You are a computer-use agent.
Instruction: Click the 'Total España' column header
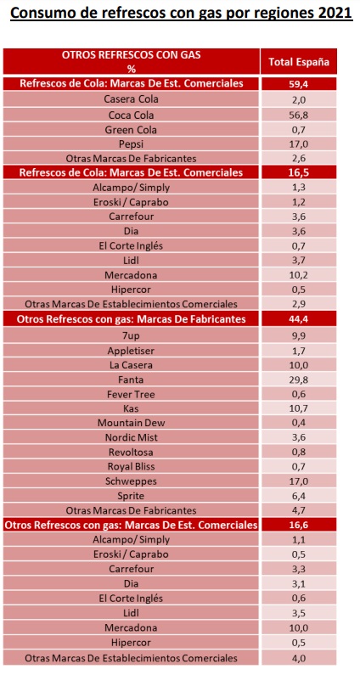pos(299,62)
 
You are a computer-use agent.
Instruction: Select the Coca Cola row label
pos(132,115)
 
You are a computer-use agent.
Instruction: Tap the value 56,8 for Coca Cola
pos(299,115)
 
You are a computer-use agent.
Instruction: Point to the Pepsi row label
pos(132,143)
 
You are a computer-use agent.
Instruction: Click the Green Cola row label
pos(132,130)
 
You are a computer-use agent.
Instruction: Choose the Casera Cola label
pos(132,99)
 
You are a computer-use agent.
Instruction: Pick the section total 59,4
pos(299,83)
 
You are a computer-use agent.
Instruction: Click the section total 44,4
pos(299,319)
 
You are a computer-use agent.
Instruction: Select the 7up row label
pos(132,335)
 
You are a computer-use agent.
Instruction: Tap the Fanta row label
pos(132,380)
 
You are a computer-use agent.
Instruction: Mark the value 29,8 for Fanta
pos(299,380)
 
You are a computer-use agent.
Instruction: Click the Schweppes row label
pos(132,481)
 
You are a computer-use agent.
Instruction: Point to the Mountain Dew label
pos(132,423)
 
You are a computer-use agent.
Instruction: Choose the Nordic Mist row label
pos(132,438)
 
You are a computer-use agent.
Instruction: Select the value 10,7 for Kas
pos(299,408)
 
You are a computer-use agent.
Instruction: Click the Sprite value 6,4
pos(299,496)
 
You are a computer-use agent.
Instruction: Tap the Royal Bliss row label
pos(132,466)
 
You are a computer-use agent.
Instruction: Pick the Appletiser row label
pos(132,351)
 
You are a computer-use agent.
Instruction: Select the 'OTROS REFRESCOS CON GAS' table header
pos(132,55)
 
